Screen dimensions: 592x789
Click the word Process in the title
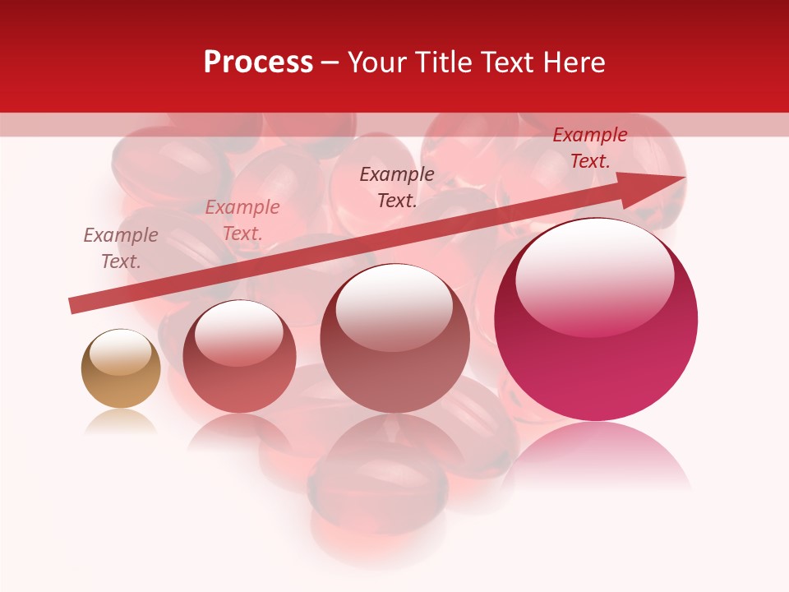pos(258,62)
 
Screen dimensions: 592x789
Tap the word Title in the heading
pos(445,62)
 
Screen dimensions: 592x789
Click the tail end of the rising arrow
pos(74,306)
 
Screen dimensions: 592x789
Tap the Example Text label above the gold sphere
pos(121,248)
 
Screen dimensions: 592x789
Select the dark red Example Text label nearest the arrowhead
pos(589,148)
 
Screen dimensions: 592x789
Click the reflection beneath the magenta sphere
pos(596,456)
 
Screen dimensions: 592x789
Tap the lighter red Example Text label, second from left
pos(242,220)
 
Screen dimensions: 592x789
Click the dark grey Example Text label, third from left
pos(397,187)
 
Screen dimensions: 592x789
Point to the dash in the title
pos(330,62)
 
